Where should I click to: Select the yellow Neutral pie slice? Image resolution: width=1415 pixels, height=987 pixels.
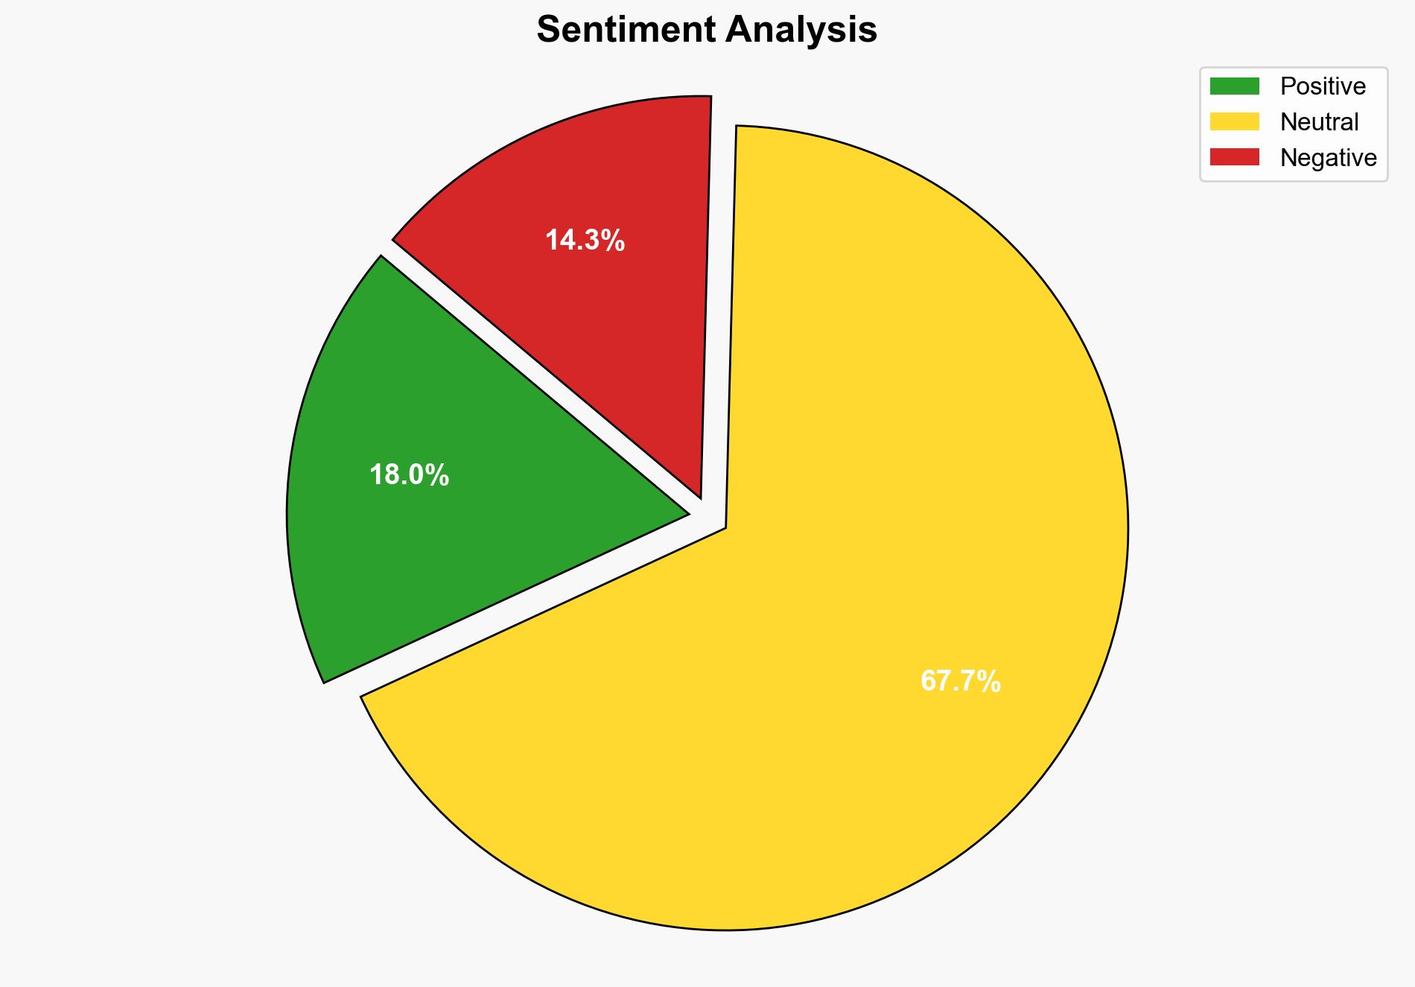pyautogui.click(x=856, y=596)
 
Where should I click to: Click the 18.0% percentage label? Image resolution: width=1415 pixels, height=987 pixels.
pyautogui.click(x=409, y=475)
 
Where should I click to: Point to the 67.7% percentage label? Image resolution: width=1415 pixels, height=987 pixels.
pyautogui.click(x=960, y=681)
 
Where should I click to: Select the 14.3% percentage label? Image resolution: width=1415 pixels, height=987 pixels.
pyautogui.click(x=585, y=240)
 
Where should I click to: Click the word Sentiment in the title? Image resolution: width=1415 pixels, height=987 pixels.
pyautogui.click(x=626, y=31)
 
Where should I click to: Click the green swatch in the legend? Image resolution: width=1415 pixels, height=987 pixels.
pyautogui.click(x=1234, y=86)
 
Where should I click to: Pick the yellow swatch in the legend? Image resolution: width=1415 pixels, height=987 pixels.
pyautogui.click(x=1234, y=121)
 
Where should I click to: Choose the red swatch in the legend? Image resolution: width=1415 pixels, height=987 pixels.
pyautogui.click(x=1234, y=157)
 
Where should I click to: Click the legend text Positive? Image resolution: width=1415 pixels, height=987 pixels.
pyautogui.click(x=1323, y=86)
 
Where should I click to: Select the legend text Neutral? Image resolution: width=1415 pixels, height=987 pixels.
pyautogui.click(x=1319, y=121)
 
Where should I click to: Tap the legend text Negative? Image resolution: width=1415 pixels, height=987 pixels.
pyautogui.click(x=1328, y=157)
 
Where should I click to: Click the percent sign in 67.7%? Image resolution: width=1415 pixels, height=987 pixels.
pyautogui.click(x=990, y=681)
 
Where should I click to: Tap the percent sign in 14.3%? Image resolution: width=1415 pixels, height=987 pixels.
pyautogui.click(x=614, y=240)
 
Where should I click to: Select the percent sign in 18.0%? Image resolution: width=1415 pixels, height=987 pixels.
pyautogui.click(x=439, y=475)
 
